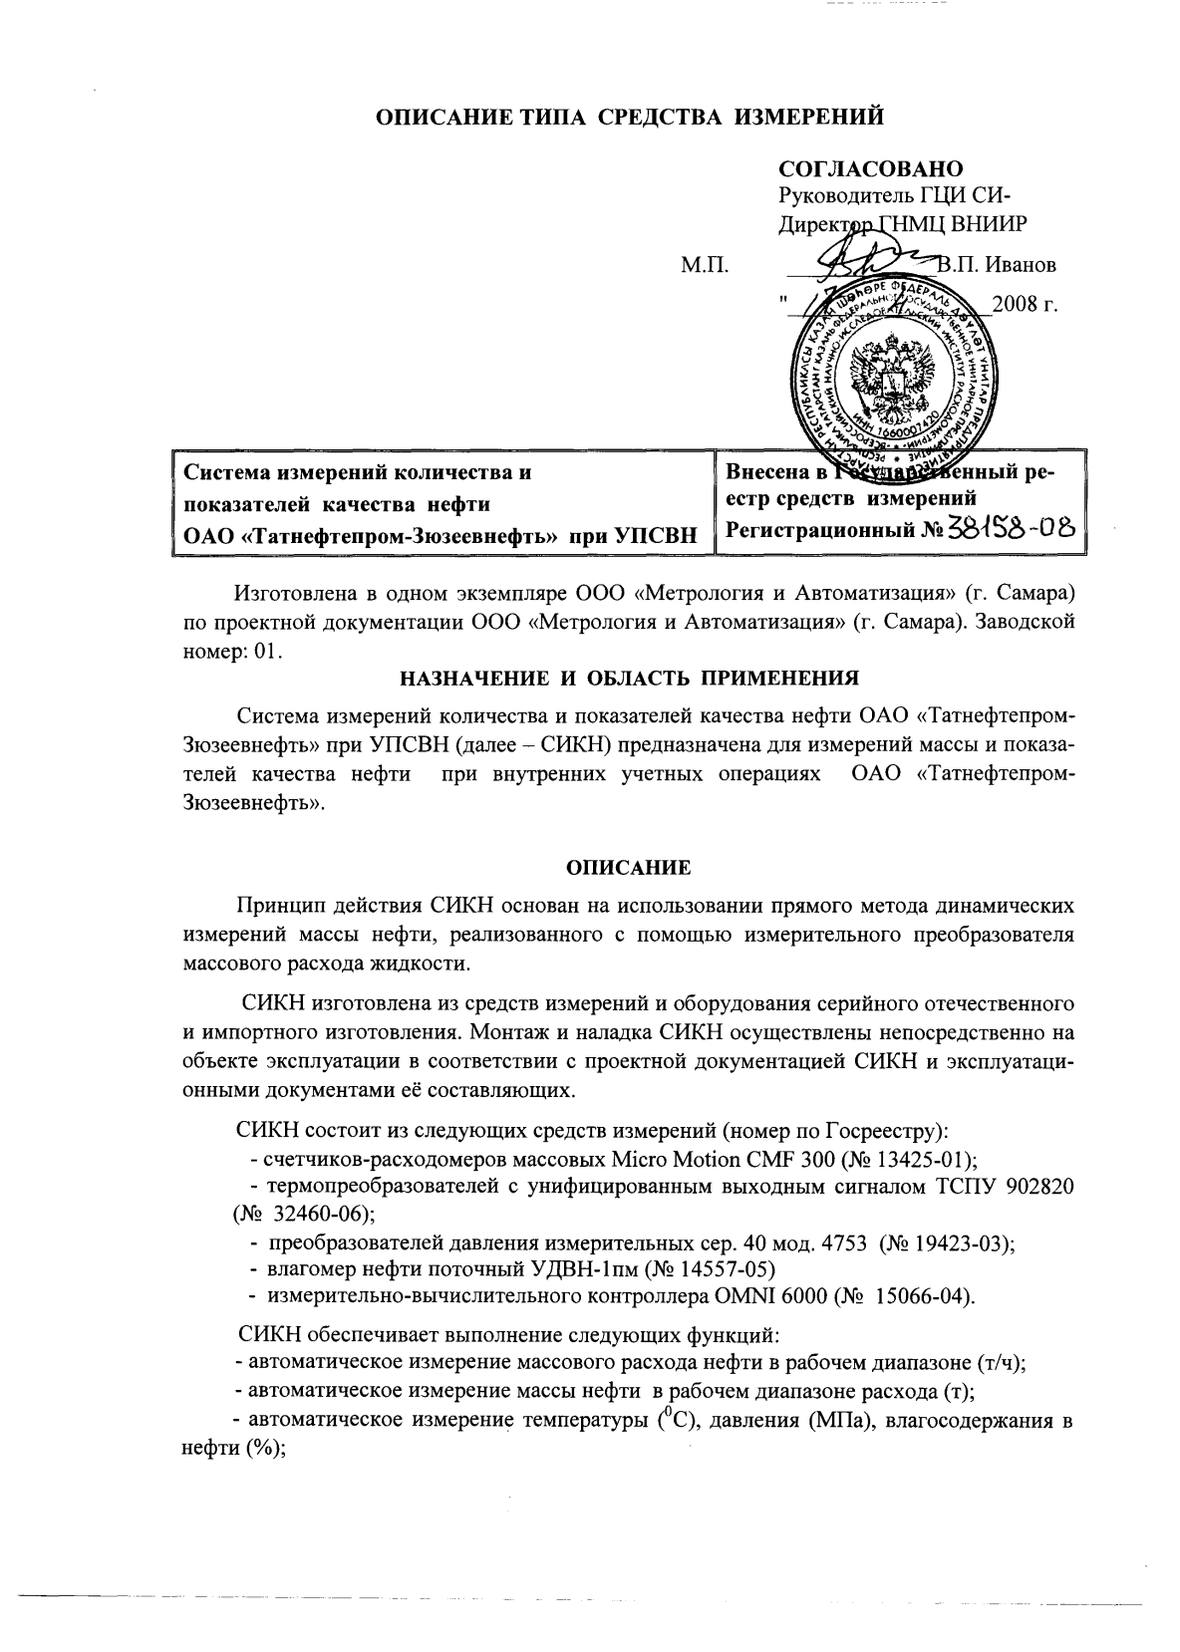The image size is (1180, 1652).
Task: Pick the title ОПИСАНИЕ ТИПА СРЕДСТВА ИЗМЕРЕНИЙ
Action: point(630,119)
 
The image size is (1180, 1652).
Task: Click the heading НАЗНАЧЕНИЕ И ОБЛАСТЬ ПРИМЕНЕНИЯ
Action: point(629,680)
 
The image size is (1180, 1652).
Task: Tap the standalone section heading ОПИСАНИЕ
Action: point(629,867)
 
